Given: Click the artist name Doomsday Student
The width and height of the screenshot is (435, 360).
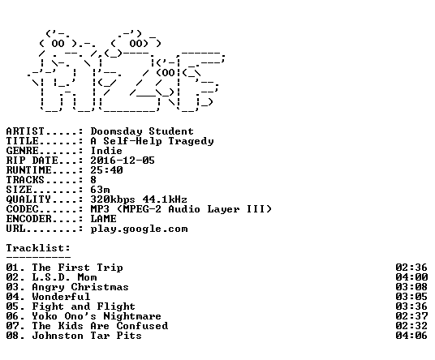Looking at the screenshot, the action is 142,131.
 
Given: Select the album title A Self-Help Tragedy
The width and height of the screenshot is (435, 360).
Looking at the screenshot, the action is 152,141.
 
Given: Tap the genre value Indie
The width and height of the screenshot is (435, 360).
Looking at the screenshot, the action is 106,151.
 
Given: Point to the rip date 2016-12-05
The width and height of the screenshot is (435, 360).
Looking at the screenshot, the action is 123,161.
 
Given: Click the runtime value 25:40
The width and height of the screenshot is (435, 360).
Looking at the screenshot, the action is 106,170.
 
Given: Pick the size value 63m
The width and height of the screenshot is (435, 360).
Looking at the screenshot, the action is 100,190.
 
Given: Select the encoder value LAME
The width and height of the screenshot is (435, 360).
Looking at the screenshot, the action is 104,219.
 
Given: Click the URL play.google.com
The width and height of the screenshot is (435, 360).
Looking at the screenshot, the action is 140,229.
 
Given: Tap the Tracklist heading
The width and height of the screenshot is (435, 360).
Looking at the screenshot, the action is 38,248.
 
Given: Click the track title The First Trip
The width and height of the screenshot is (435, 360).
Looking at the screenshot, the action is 77,268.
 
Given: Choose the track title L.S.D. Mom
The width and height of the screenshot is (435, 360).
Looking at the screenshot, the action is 64,277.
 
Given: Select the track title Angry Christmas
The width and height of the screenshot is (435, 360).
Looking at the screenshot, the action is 80,287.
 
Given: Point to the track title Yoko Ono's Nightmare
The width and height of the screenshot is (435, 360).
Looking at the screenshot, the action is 97,316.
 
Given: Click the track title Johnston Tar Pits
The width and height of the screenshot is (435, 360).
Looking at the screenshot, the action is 87,336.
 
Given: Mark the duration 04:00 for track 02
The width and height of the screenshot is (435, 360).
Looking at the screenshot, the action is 411,277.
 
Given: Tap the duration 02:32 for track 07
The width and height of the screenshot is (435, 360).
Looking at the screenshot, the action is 411,326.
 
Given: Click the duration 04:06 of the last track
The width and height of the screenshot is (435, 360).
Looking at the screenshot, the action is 411,336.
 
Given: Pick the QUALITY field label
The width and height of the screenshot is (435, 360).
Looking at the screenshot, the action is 28,199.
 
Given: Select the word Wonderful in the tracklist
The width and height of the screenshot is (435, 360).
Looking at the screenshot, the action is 61,297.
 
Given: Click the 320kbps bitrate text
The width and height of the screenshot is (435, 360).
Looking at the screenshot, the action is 113,199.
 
